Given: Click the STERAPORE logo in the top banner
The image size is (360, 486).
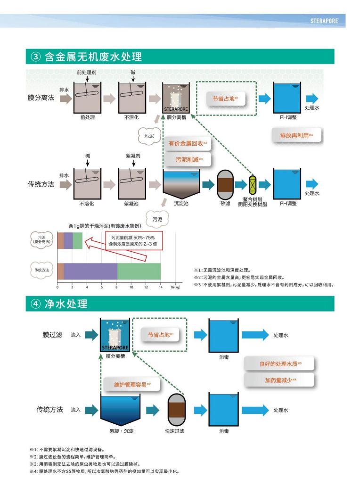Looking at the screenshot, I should pyautogui.click(x=327, y=21).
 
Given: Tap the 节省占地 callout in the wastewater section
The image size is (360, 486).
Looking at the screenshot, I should pyautogui.click(x=225, y=99).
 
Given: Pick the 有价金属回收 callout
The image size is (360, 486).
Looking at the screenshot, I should pyautogui.click(x=188, y=143).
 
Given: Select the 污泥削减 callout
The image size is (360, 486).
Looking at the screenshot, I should pyautogui.click(x=188, y=160).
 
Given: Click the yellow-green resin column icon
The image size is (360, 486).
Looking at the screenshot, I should pyautogui.click(x=252, y=184).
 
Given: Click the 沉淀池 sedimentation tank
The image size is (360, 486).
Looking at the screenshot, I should pyautogui.click(x=181, y=184).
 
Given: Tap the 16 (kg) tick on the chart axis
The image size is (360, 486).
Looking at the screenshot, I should pyautogui.click(x=175, y=287).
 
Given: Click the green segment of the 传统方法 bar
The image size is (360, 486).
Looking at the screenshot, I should pyautogui.click(x=139, y=272).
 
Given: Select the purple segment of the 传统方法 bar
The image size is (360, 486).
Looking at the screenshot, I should pyautogui.click(x=90, y=272).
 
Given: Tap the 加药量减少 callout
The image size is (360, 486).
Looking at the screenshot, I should pyautogui.click(x=280, y=380).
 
